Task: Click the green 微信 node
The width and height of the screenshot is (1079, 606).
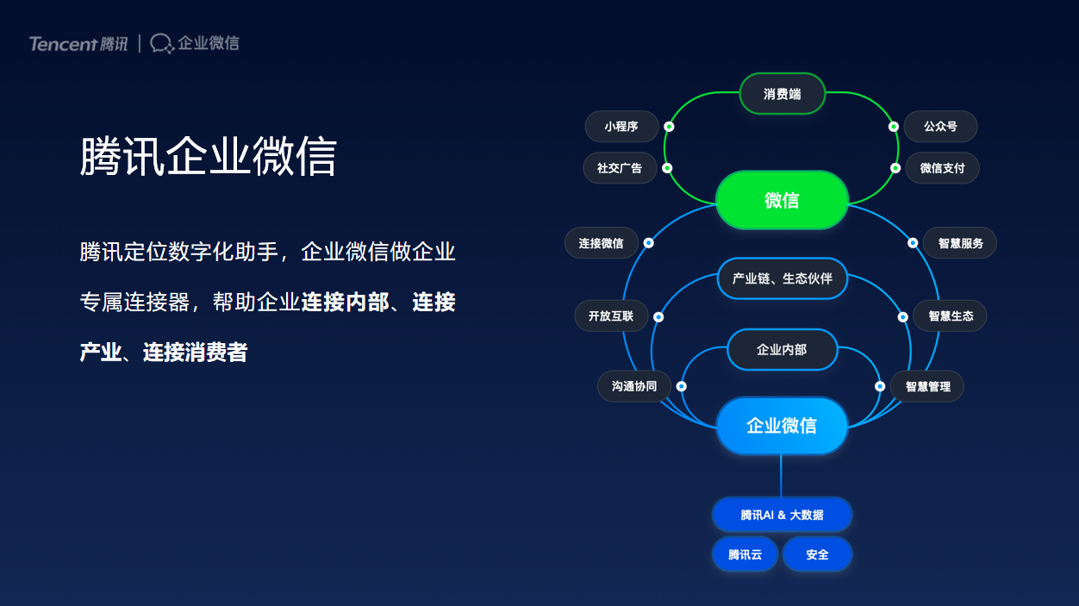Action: pyautogui.click(x=782, y=200)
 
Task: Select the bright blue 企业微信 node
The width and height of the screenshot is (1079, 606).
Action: pyautogui.click(x=782, y=425)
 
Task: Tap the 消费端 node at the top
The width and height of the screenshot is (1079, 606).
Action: pyautogui.click(x=783, y=93)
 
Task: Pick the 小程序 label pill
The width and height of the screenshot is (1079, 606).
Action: pyautogui.click(x=621, y=126)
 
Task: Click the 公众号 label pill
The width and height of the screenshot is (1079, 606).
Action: pyautogui.click(x=940, y=126)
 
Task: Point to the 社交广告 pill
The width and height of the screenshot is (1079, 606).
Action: pyautogui.click(x=620, y=167)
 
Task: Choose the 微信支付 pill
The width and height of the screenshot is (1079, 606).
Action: pyautogui.click(x=942, y=167)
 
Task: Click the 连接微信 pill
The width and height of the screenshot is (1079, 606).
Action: pyautogui.click(x=602, y=243)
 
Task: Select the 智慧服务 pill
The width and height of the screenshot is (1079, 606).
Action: pyautogui.click(x=960, y=243)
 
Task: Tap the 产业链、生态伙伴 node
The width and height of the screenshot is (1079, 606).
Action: pyautogui.click(x=783, y=278)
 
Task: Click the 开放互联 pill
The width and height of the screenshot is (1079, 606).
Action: pyautogui.click(x=611, y=316)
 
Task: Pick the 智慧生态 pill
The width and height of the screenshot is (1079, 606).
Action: pyautogui.click(x=951, y=316)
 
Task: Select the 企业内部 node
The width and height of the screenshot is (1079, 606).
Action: pyautogui.click(x=782, y=349)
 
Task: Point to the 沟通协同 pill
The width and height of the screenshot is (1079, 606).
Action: pyautogui.click(x=634, y=386)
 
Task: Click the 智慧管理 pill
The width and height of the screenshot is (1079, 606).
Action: pyautogui.click(x=927, y=386)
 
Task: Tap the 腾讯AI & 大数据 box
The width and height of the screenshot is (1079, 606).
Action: pyautogui.click(x=782, y=515)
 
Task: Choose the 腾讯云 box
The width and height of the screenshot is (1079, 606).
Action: pyautogui.click(x=745, y=554)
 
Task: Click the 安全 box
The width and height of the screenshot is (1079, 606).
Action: pyautogui.click(x=818, y=554)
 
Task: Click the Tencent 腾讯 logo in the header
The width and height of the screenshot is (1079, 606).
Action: pyautogui.click(x=78, y=44)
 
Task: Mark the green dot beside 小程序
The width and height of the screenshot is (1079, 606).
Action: pyautogui.click(x=669, y=127)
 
